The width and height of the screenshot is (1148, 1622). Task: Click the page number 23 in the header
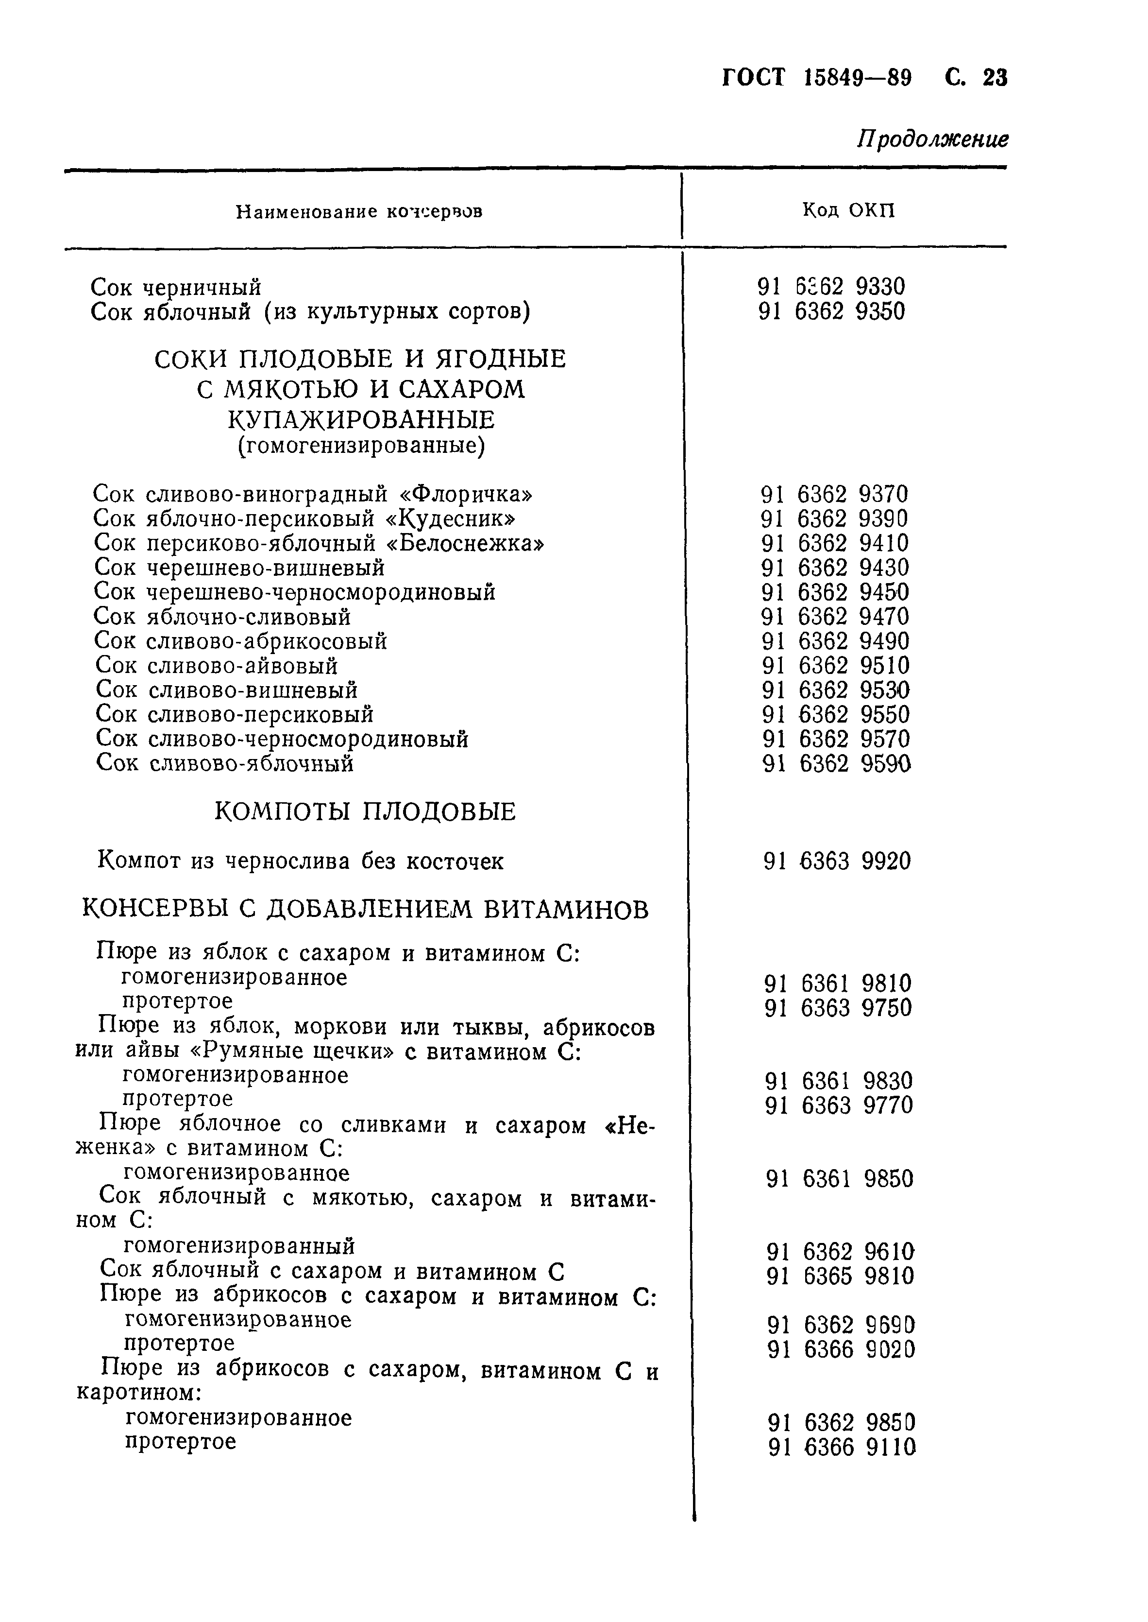pos(995,77)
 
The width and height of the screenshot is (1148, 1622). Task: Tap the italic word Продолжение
pos(933,139)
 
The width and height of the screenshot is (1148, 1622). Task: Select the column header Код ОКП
pos(848,210)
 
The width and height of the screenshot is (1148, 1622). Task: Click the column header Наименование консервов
pos(359,211)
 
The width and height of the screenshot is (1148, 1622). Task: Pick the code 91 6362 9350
pos(831,312)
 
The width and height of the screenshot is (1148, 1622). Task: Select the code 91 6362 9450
pos(835,592)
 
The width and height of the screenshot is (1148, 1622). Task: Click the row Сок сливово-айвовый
pos(216,666)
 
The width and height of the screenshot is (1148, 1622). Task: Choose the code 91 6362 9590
pos(837,764)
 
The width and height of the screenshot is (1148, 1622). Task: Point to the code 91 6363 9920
pos(837,862)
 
